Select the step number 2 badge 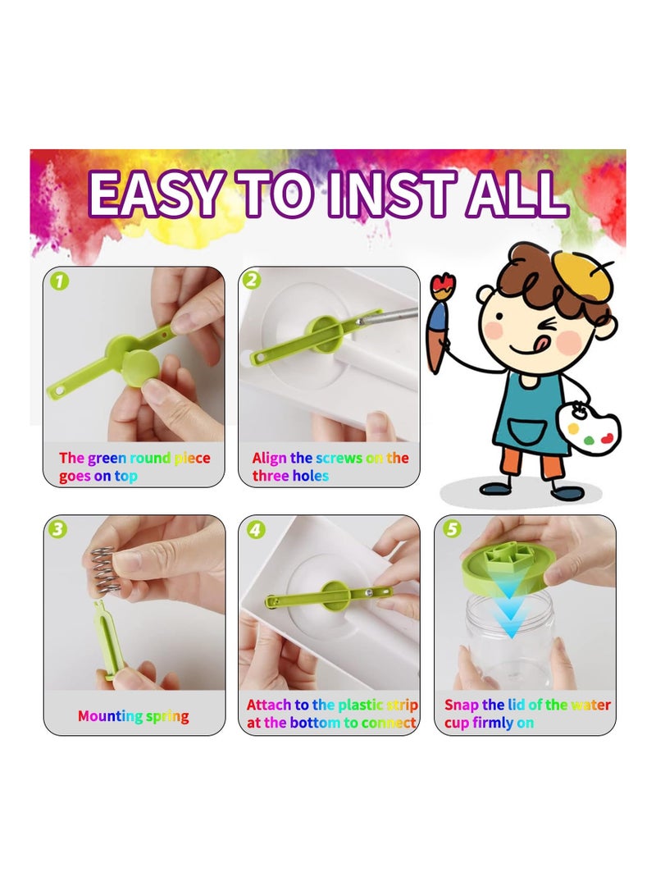252,281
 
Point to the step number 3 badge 57,529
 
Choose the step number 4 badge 256,530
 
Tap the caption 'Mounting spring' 133,716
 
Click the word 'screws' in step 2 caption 339,458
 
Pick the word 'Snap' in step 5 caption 462,705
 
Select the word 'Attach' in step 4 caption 269,705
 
